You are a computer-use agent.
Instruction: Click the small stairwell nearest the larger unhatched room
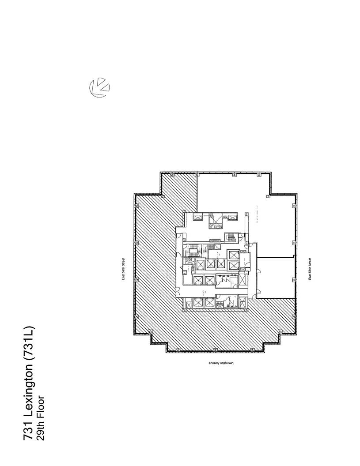click(230, 237)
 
